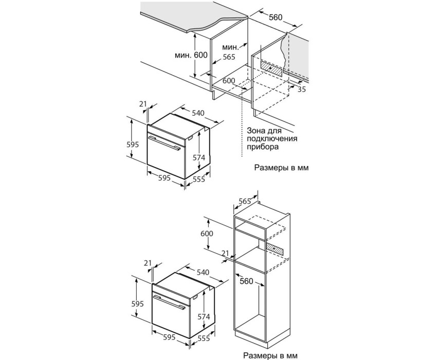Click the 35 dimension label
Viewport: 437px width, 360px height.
[302, 89]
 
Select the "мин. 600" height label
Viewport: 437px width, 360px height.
[191, 55]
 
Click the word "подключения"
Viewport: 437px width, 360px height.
[272, 138]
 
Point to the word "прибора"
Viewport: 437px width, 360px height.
[263, 147]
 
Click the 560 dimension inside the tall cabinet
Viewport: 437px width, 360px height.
[246, 281]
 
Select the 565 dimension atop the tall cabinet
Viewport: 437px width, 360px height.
[245, 201]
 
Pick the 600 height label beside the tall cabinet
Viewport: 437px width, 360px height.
[207, 233]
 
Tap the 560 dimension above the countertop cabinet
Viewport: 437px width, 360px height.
[276, 17]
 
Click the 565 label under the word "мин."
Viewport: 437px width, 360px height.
[229, 57]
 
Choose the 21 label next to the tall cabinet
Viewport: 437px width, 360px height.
[225, 253]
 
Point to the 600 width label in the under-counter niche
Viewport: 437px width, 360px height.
[229, 81]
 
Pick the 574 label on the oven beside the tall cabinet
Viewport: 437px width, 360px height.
[204, 317]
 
